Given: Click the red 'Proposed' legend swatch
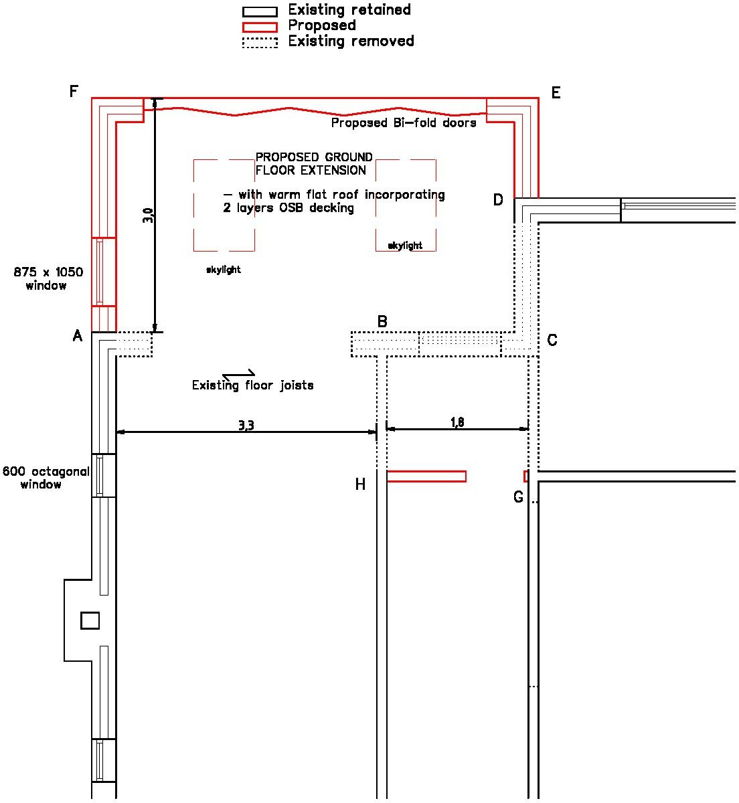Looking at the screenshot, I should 259,27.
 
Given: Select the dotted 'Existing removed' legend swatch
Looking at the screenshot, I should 259,43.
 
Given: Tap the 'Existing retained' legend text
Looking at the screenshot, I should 349,10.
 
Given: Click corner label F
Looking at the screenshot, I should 74,92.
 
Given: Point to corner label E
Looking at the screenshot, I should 556,93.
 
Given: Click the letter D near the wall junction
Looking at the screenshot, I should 498,200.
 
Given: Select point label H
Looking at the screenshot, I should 360,484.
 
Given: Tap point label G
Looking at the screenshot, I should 518,497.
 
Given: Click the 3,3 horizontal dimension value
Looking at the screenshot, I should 246,426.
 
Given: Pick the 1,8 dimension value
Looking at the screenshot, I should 457,422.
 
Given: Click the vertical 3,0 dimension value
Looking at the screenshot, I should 149,215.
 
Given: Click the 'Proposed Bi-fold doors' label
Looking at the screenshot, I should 404,123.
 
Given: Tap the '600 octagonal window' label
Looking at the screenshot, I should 46,478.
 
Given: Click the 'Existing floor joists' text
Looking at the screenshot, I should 252,385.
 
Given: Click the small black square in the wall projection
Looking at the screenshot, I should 90,620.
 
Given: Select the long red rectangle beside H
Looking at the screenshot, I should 426,476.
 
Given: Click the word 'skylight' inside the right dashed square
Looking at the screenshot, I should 405,246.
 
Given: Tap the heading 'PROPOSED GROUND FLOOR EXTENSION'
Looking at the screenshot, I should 313,164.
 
